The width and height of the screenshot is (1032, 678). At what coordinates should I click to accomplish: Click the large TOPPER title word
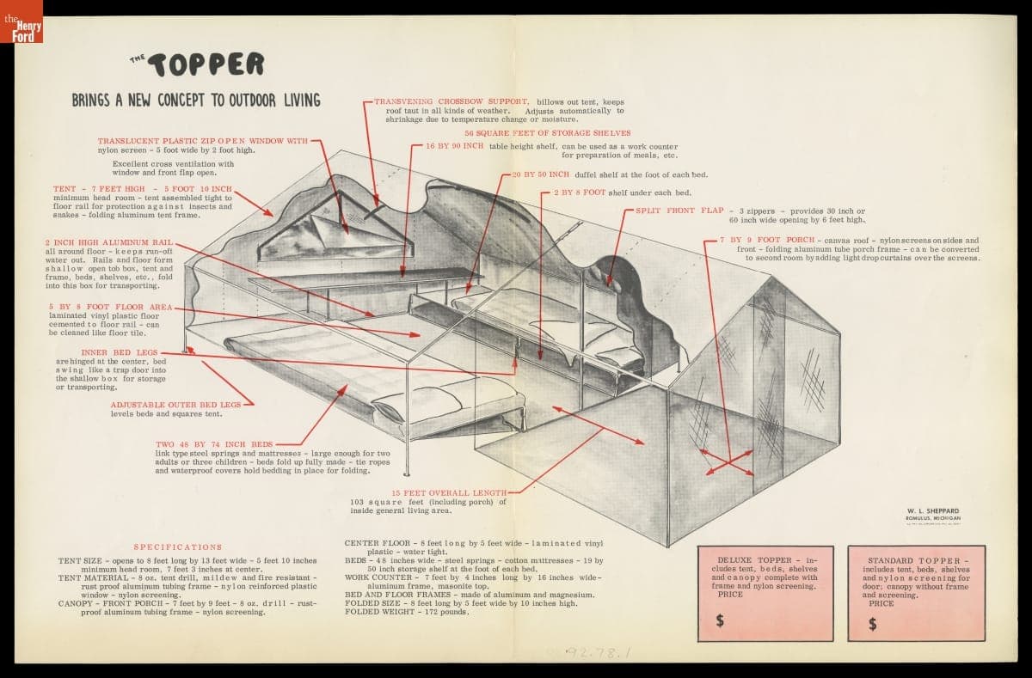tap(206, 64)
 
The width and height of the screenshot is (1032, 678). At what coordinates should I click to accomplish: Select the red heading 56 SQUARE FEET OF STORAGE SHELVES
tap(548, 133)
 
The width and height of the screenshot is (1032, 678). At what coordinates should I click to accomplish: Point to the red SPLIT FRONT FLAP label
tap(679, 211)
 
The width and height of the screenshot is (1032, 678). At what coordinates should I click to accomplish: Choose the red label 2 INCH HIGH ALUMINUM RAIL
tap(110, 242)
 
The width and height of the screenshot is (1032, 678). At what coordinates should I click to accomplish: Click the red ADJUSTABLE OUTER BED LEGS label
tap(175, 404)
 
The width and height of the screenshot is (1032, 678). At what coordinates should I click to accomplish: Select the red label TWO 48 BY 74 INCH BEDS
tap(214, 444)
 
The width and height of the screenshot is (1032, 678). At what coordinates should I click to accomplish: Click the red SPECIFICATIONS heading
tap(178, 547)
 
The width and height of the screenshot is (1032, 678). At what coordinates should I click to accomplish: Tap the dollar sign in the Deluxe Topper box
tap(721, 620)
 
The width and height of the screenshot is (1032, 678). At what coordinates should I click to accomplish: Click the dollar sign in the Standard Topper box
tap(873, 624)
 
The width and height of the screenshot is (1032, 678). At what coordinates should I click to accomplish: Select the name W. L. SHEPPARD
tap(932, 510)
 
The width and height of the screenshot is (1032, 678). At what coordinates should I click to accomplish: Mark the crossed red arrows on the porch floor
tap(729, 461)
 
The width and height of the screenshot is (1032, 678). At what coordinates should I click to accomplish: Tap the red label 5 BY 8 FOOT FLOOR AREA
tap(111, 307)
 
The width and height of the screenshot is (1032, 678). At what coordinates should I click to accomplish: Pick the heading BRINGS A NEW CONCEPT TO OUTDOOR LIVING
tap(196, 101)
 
